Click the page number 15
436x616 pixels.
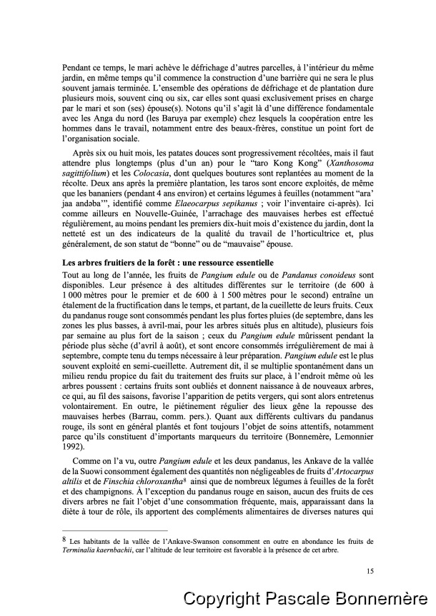tap(370, 570)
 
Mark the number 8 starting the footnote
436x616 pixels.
tap(65, 539)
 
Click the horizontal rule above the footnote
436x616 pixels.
tap(115, 530)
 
